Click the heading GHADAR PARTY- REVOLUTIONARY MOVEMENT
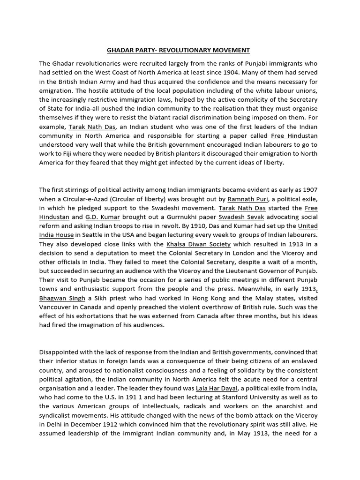coord(178,50)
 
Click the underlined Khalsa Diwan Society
coord(198,244)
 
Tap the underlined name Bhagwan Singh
coord(62,298)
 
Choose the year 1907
coord(309,190)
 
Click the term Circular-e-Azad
coord(84,199)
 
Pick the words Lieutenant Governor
coord(257,271)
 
